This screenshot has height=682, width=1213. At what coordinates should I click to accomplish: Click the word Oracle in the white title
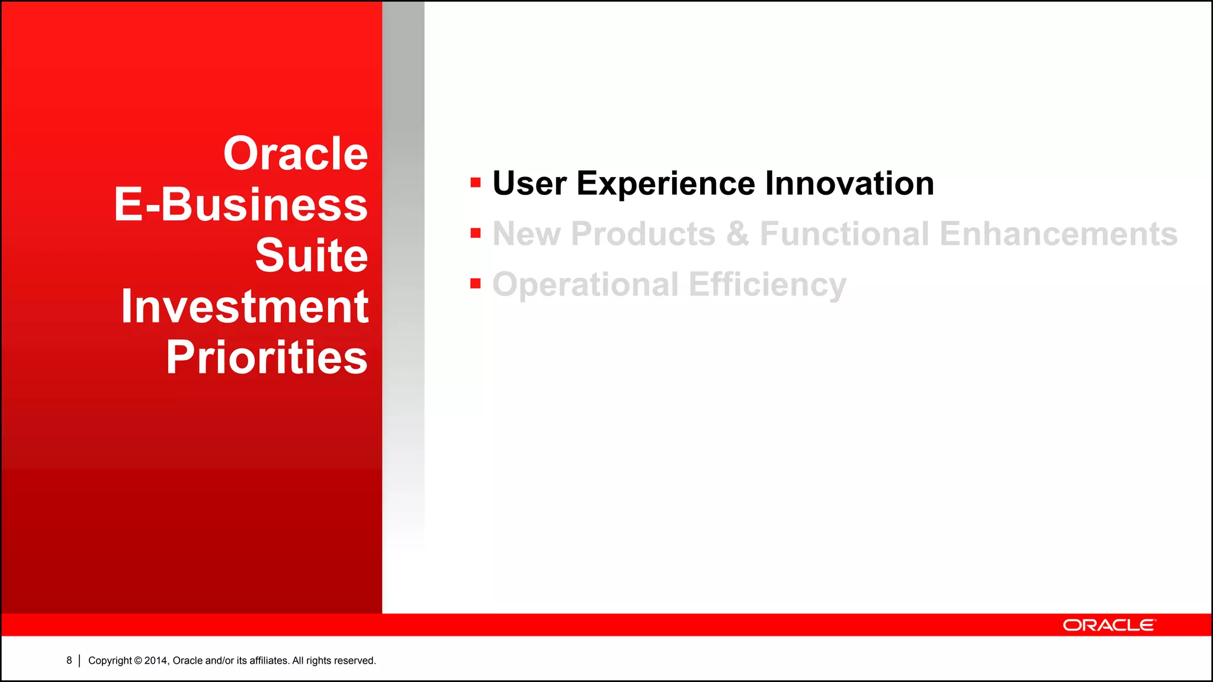pos(296,154)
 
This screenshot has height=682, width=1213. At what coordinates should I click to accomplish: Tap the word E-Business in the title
pos(241,205)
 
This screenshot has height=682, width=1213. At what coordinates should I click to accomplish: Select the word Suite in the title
pos(312,256)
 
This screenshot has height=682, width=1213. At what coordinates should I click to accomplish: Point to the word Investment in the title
pos(245,307)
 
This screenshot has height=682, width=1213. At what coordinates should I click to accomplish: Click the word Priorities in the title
pos(267,358)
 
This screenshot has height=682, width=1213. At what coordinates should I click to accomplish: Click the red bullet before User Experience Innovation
pos(475,182)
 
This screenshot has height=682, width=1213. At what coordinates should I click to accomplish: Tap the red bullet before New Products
pos(475,233)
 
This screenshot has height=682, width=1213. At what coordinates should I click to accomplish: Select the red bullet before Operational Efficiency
pos(475,284)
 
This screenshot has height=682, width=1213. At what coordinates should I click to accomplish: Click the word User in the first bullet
pos(530,184)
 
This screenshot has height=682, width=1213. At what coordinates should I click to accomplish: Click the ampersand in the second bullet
pos(737,234)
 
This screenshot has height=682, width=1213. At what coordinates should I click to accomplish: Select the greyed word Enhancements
pos(1058,234)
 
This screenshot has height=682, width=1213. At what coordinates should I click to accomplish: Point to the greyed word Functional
pos(845,234)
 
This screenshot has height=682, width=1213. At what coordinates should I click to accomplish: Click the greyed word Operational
pos(585,285)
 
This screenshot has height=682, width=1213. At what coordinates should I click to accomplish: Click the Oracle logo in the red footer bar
pos(1109,625)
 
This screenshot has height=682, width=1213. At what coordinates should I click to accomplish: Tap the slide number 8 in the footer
pos(69,660)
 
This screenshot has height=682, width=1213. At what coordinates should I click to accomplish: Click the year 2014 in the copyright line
pos(156,661)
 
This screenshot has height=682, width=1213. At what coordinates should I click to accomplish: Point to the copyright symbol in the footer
pos(138,661)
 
